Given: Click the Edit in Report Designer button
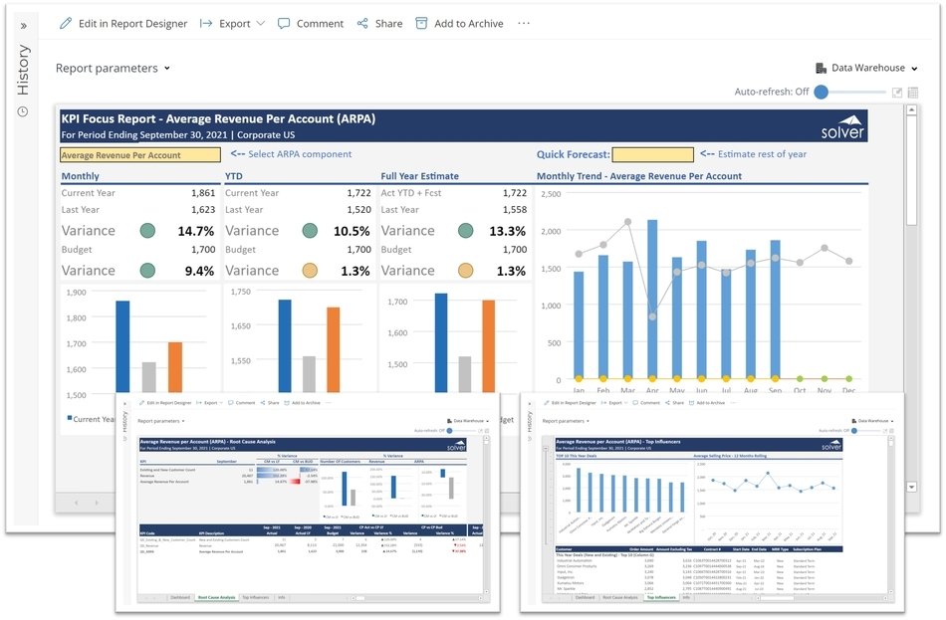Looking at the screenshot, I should (123, 23).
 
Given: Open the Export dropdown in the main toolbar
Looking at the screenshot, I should (233, 23).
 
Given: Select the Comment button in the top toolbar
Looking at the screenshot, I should (311, 23).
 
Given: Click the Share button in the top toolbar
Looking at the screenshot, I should (379, 23).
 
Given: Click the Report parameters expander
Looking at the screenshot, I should (113, 68).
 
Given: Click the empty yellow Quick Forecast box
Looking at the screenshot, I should (652, 154).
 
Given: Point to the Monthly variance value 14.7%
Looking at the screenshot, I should (196, 231).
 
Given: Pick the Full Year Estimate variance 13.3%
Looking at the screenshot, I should (509, 231).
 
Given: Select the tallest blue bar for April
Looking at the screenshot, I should (652, 300).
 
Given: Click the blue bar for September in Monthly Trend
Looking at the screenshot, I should (775, 310).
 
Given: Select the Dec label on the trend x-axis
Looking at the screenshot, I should (848, 391).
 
